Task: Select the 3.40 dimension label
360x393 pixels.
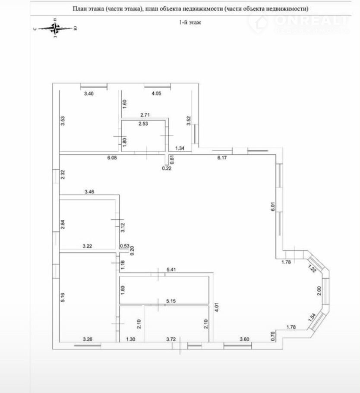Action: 88,93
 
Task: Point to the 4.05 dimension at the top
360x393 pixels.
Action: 155,93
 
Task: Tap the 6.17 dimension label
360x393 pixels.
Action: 221,158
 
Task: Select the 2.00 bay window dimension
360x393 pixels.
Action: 319,292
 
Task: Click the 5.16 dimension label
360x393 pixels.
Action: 63,298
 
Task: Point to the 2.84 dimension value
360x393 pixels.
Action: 63,225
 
